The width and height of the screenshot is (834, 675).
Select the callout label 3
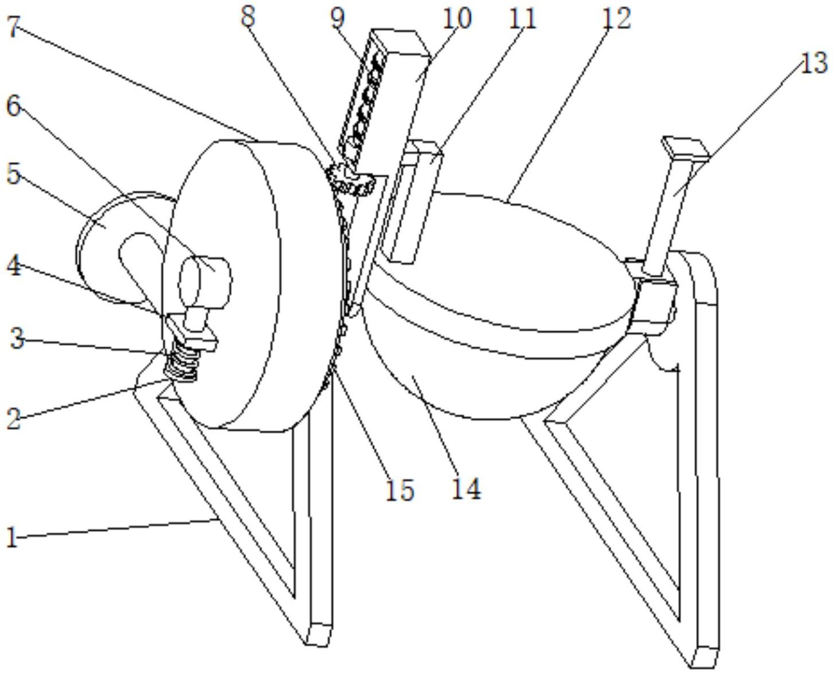[17, 339]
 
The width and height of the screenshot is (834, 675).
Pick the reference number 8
[247, 17]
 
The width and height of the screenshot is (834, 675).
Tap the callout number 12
[615, 18]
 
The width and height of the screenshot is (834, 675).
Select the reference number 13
[813, 62]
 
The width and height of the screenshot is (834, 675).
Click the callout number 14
[467, 488]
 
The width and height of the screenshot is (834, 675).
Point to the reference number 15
[399, 490]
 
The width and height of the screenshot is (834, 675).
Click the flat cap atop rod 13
[685, 148]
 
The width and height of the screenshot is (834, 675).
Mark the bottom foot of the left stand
[318, 634]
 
